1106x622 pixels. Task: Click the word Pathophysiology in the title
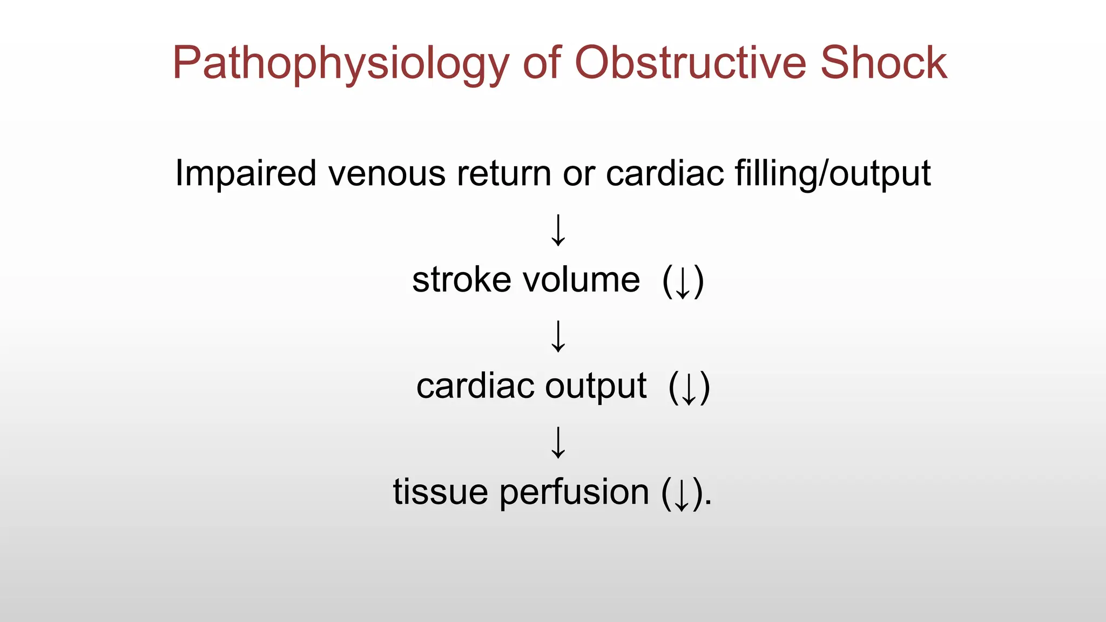340,64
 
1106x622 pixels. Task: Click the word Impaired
246,174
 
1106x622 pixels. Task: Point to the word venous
387,174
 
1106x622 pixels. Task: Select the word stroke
461,280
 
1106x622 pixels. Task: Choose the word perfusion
574,493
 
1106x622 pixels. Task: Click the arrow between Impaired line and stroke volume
558,231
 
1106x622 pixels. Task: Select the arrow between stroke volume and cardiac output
558,336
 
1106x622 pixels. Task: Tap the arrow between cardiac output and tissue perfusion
558,443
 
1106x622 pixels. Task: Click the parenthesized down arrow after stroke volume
683,281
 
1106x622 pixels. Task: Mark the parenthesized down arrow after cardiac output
689,388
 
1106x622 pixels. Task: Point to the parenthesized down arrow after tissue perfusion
682,493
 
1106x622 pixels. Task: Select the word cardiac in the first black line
665,174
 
